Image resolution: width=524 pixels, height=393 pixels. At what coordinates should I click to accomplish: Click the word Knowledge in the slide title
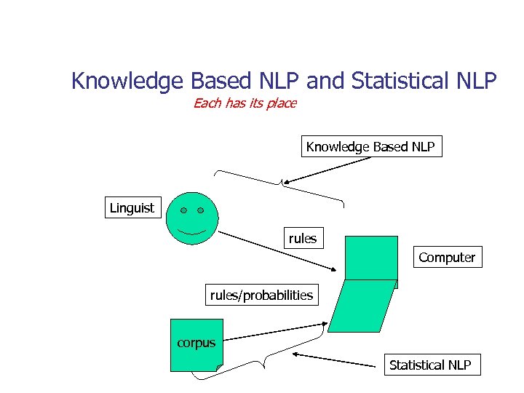pyautogui.click(x=126, y=81)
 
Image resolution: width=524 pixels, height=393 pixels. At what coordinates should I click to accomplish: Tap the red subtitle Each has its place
pyautogui.click(x=245, y=103)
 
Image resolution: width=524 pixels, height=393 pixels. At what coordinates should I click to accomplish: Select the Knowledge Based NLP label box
pyautogui.click(x=370, y=147)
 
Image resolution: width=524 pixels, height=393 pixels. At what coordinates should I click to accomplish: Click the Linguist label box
pyautogui.click(x=132, y=208)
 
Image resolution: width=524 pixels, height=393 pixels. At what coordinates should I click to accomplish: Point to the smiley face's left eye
pyautogui.click(x=183, y=210)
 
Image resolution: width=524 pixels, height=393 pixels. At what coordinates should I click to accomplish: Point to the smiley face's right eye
pyautogui.click(x=200, y=210)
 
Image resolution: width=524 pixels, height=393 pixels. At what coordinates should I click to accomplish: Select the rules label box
pyautogui.click(x=303, y=239)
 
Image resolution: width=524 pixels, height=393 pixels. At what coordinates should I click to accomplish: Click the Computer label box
pyautogui.click(x=447, y=258)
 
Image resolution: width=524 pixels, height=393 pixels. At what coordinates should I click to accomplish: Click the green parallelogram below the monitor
pyautogui.click(x=362, y=306)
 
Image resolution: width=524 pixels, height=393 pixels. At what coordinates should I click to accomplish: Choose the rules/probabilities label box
pyautogui.click(x=261, y=295)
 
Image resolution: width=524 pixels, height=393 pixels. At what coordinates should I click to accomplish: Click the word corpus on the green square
pyautogui.click(x=196, y=343)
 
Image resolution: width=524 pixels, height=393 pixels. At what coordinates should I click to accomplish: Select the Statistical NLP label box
pyautogui.click(x=430, y=365)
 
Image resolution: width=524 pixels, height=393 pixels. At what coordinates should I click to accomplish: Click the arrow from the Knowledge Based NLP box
pyautogui.click(x=327, y=170)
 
